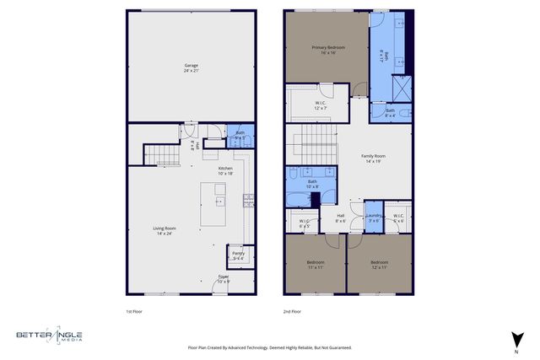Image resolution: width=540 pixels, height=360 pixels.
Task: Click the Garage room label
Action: [191, 68]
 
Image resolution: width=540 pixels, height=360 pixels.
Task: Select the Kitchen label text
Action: [226, 170]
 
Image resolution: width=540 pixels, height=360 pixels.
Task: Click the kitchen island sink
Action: [219, 201]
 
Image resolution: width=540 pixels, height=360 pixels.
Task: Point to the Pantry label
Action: [239, 255]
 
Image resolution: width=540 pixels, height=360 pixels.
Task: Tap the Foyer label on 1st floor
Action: [224, 277]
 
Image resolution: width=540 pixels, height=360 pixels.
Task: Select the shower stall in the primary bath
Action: [399, 88]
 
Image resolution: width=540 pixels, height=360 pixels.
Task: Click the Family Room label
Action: [374, 158]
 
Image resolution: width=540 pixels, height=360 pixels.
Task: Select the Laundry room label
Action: [373, 218]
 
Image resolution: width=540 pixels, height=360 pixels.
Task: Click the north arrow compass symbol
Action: [516, 341]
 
